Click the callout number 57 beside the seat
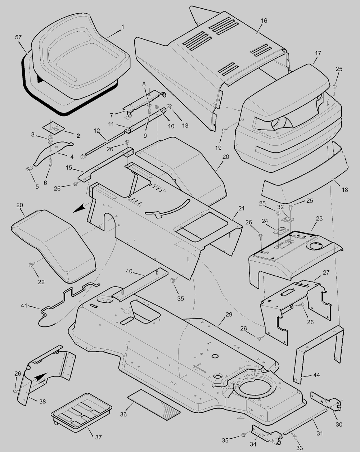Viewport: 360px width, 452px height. [x=18, y=37]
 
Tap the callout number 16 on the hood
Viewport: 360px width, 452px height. [x=264, y=21]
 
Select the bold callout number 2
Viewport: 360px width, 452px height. [x=78, y=136]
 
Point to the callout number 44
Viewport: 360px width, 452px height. [x=316, y=375]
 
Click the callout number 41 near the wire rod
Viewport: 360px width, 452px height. [x=24, y=305]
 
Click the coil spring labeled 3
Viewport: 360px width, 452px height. [x=50, y=139]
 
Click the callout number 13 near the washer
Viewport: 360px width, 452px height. [x=185, y=126]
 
